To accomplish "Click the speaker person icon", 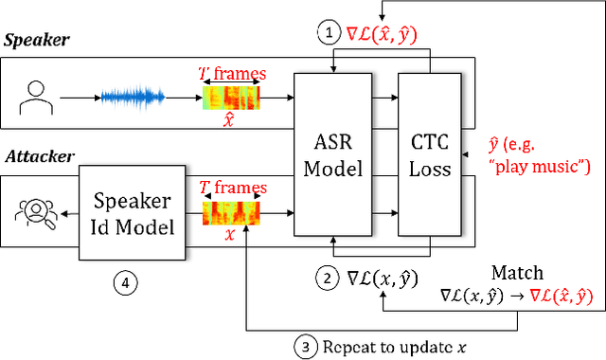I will (x=34, y=96).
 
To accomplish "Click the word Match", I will (x=518, y=272).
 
